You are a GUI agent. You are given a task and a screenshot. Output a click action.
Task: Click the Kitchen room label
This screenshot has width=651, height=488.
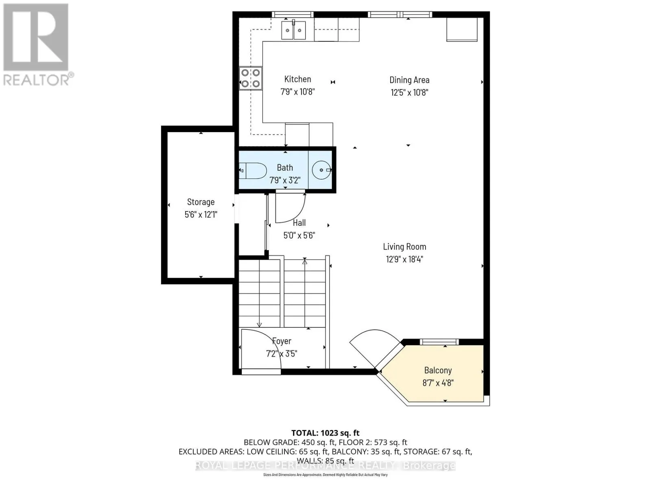pyautogui.click(x=297, y=79)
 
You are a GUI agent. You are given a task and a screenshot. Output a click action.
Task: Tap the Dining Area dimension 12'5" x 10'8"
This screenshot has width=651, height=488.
pyautogui.click(x=409, y=92)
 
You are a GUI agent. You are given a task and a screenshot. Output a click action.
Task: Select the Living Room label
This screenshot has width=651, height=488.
pyautogui.click(x=404, y=246)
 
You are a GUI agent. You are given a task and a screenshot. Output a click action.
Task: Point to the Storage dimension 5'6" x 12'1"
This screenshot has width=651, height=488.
pyautogui.click(x=201, y=215)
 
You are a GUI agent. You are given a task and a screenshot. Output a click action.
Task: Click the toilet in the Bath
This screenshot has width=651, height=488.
pyautogui.click(x=253, y=171)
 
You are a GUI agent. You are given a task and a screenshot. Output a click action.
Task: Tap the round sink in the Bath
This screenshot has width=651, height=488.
pyautogui.click(x=321, y=170)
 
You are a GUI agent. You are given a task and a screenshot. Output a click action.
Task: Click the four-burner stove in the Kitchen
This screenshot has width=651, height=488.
pyautogui.click(x=251, y=78)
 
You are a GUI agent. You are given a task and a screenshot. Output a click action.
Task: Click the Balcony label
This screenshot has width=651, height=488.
pyautogui.click(x=438, y=370)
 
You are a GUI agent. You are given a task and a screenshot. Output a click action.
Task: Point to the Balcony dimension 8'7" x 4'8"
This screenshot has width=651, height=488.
pyautogui.click(x=438, y=383)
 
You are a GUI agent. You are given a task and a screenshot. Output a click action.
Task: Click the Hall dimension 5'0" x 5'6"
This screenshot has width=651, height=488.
pyautogui.click(x=299, y=235)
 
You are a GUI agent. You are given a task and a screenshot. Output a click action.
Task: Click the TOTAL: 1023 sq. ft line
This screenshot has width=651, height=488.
pyautogui.click(x=325, y=433)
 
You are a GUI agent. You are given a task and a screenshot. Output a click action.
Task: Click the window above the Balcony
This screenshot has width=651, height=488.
pyautogui.click(x=439, y=342)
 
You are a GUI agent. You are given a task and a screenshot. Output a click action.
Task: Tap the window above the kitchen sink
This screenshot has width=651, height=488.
pyautogui.click(x=293, y=15)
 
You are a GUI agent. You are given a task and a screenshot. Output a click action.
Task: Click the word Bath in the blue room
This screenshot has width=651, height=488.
pyautogui.click(x=285, y=168)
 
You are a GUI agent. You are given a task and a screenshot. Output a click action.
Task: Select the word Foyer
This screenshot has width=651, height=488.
pyautogui.click(x=282, y=341)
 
